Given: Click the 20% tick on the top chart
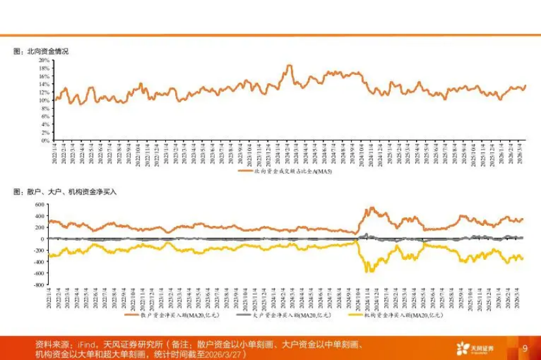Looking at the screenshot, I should click(x=44, y=60).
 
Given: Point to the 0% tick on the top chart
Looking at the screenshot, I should click(x=46, y=140).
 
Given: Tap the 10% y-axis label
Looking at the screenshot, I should click(x=44, y=100).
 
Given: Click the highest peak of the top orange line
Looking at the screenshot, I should click(x=289, y=66).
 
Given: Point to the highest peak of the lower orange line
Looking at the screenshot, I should click(x=372, y=208).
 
